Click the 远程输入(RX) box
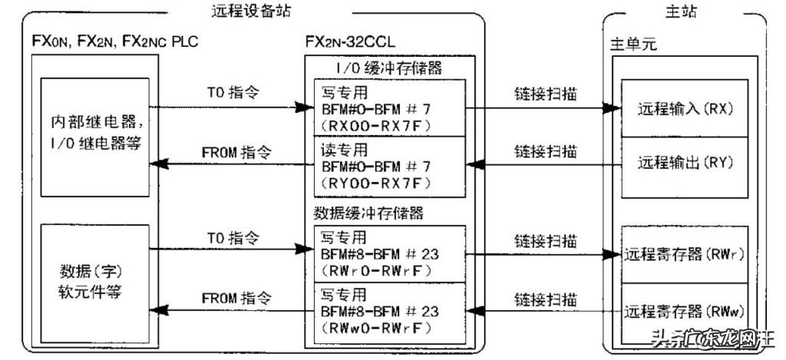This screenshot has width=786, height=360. click(x=685, y=109)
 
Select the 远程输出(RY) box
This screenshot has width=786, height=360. click(x=685, y=163)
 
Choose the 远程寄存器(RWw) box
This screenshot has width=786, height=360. click(x=685, y=312)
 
